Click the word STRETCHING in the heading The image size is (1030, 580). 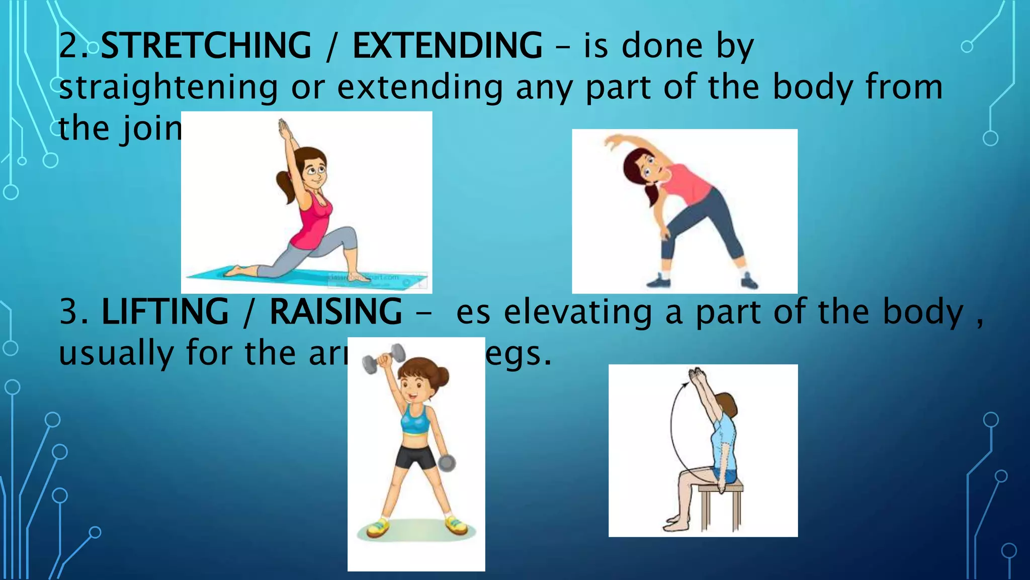click(206, 46)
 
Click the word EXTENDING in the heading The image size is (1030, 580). click(447, 46)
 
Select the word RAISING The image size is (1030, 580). click(335, 312)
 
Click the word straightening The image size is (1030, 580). click(168, 88)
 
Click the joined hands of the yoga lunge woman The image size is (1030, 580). click(284, 128)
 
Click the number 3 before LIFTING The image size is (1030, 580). click(69, 312)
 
